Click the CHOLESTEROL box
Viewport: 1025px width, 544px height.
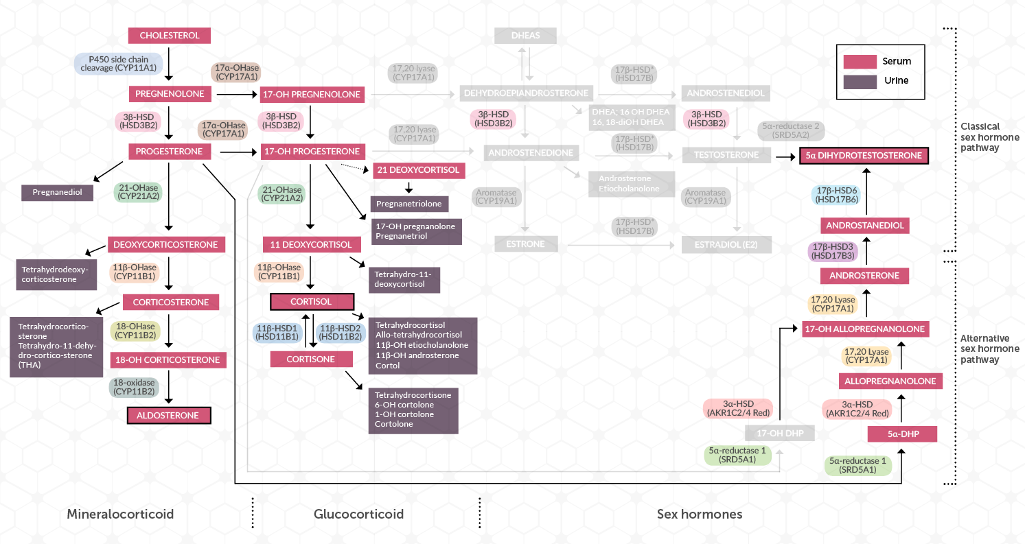click(169, 36)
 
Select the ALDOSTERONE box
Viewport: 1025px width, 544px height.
click(169, 415)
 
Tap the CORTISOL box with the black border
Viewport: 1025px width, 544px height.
click(312, 302)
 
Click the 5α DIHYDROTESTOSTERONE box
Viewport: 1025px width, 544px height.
click(864, 156)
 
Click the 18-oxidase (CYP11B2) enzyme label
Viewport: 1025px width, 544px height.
click(134, 387)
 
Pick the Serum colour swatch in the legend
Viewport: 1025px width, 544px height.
click(860, 62)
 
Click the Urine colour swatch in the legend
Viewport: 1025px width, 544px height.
click(860, 81)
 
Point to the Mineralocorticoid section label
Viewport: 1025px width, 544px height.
click(120, 514)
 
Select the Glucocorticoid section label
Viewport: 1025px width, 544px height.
click(358, 514)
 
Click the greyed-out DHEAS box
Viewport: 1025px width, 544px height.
click(525, 36)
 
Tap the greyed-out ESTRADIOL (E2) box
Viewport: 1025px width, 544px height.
click(727, 244)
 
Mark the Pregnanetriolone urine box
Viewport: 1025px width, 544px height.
click(410, 204)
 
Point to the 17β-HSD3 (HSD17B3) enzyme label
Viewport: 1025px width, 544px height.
click(834, 250)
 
